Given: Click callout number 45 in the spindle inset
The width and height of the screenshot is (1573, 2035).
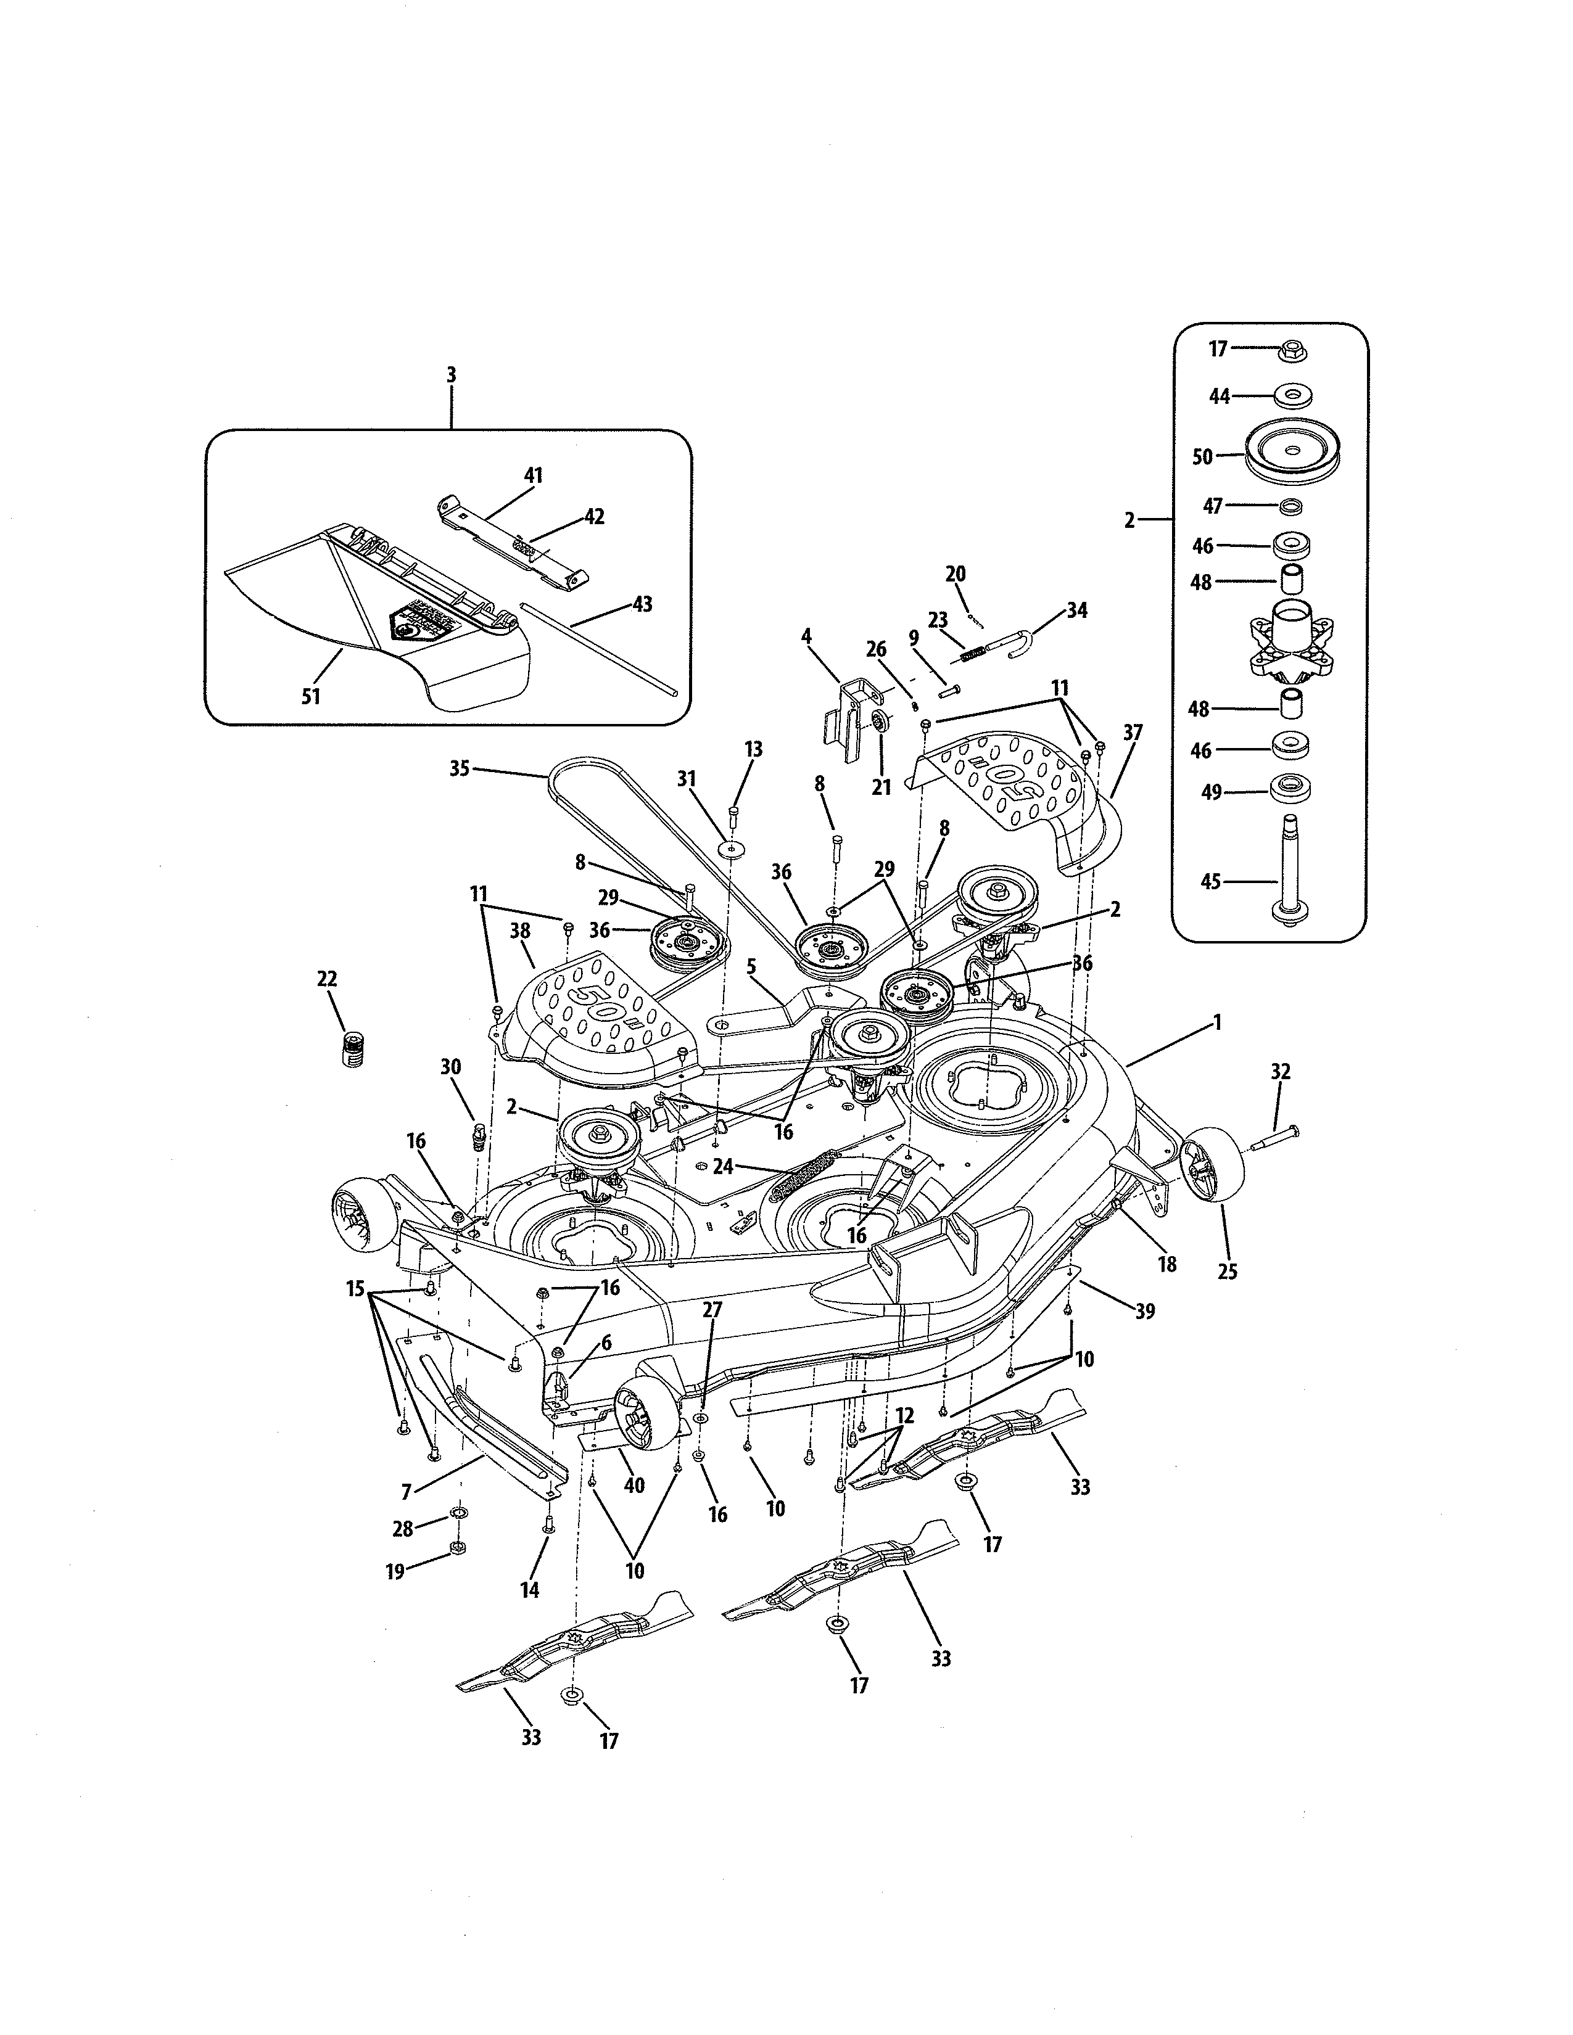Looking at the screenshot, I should click(1210, 881).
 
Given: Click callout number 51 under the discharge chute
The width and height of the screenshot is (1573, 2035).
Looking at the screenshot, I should click(312, 696).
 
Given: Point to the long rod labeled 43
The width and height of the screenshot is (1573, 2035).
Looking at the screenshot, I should click(606, 643).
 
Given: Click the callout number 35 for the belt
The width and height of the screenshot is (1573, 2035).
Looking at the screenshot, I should click(460, 770).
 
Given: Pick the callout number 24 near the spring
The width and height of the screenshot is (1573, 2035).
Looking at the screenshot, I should click(723, 1165).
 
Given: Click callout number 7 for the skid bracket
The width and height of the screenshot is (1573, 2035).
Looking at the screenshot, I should click(407, 1493).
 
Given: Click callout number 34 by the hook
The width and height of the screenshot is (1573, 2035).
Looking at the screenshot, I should click(1077, 610).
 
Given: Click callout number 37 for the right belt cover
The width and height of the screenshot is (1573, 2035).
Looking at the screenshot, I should click(1132, 733).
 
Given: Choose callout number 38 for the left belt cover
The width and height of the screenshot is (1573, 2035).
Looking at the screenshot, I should click(520, 930).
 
